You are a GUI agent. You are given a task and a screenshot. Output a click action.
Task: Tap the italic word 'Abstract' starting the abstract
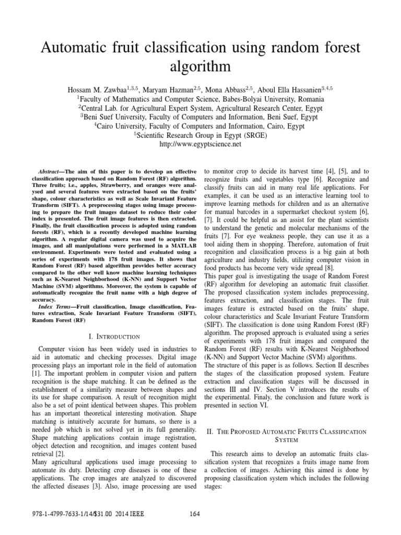click(x=51, y=171)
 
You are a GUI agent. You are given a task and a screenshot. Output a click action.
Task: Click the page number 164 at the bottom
click(x=195, y=514)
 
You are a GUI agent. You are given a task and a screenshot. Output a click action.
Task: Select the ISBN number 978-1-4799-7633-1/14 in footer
click(x=58, y=514)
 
